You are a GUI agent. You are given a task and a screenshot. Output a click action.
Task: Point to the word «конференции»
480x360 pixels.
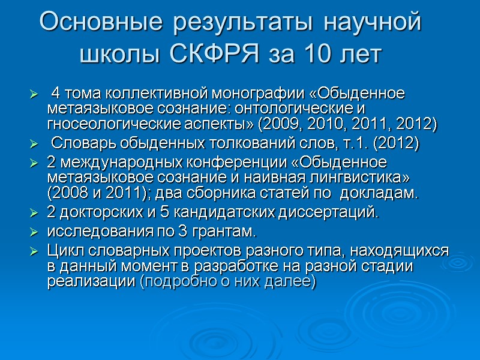coord(226,164)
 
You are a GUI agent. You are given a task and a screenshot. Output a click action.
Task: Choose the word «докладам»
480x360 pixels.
coord(385,194)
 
